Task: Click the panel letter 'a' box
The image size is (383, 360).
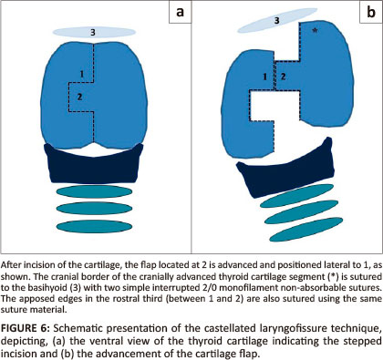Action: point(180,12)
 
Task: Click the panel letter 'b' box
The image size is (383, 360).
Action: point(371,12)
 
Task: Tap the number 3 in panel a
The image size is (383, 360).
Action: point(93,32)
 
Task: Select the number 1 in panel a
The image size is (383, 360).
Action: point(81,74)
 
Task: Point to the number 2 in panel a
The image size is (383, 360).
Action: point(79,97)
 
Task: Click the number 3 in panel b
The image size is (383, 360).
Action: point(276,21)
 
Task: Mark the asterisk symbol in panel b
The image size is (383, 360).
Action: point(316,30)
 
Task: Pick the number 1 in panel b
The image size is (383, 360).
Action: point(264,77)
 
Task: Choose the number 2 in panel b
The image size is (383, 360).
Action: point(283,77)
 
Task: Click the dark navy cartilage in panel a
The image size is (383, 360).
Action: point(94,166)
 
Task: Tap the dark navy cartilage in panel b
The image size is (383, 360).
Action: point(285,170)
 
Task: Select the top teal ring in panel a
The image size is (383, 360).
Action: point(94,191)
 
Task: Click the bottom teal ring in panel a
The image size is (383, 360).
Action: point(94,227)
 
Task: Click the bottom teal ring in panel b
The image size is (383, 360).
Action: point(306,230)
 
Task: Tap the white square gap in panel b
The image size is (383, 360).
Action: point(274,106)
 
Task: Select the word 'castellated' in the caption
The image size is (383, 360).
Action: point(230,328)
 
